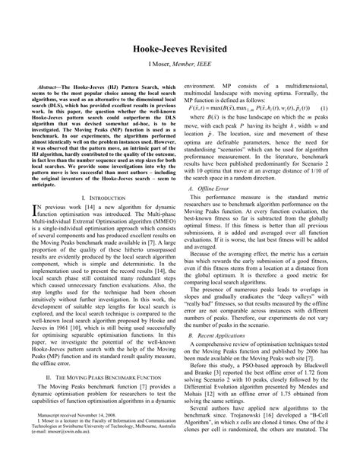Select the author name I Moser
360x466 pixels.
pos(153,66)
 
